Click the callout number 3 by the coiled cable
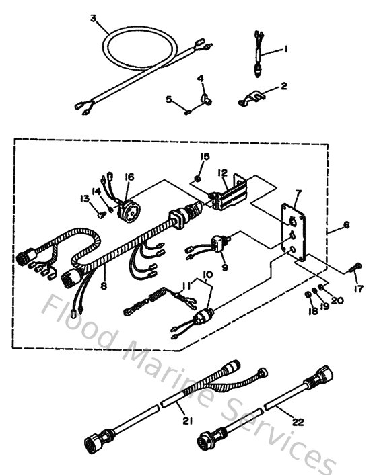coord(93,18)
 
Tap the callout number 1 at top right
coord(285,48)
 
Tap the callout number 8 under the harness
coord(103,285)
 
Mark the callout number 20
coord(337,300)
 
